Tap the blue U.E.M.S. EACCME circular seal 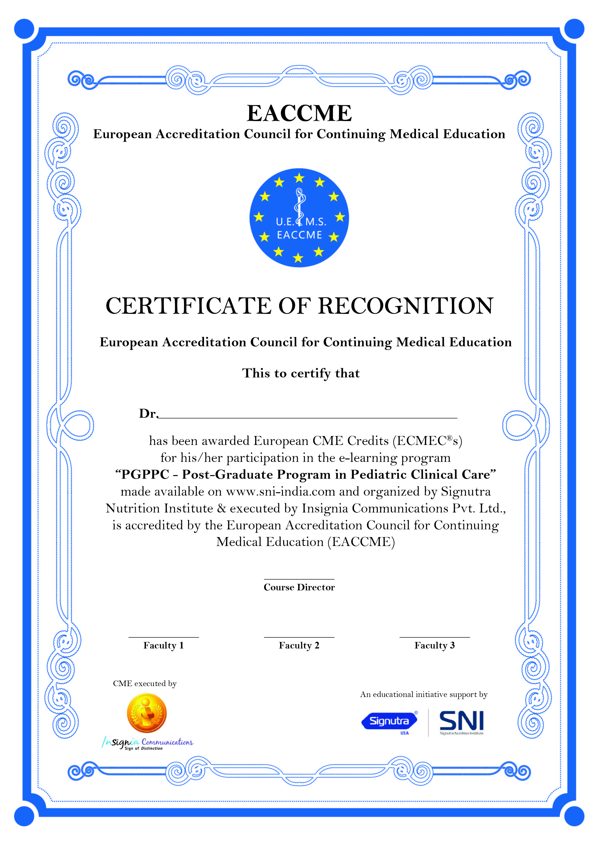point(299,218)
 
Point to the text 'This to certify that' point(301,373)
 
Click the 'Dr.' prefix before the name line point(148,414)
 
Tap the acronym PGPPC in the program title point(145,475)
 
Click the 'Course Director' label point(299,587)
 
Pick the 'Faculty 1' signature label point(163,646)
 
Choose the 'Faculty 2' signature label point(299,646)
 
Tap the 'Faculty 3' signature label point(435,646)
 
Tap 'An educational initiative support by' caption point(424,695)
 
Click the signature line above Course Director point(299,580)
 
